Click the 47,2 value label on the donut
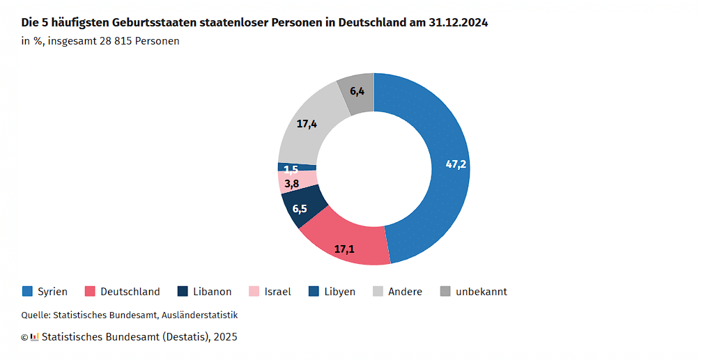[x=456, y=165]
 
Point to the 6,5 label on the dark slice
[x=300, y=208]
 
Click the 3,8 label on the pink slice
[x=292, y=184]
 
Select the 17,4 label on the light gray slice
[x=307, y=124]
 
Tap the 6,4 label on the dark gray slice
[x=357, y=91]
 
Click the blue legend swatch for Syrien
[x=27, y=291]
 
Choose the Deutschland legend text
[x=130, y=292]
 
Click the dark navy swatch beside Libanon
[x=183, y=291]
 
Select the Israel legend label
[x=277, y=292]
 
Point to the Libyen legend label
[x=339, y=292]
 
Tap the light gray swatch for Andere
[x=379, y=291]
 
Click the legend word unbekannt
[x=481, y=292]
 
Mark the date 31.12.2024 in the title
[x=459, y=22]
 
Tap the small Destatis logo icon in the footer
[x=34, y=337]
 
